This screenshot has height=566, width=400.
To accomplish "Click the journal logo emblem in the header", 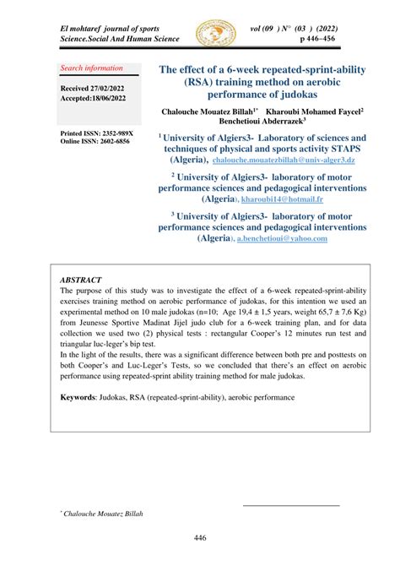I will point(215,35).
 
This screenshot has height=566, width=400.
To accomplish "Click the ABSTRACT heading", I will point(81,280).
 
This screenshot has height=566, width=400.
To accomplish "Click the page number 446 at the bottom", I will point(200,537).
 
